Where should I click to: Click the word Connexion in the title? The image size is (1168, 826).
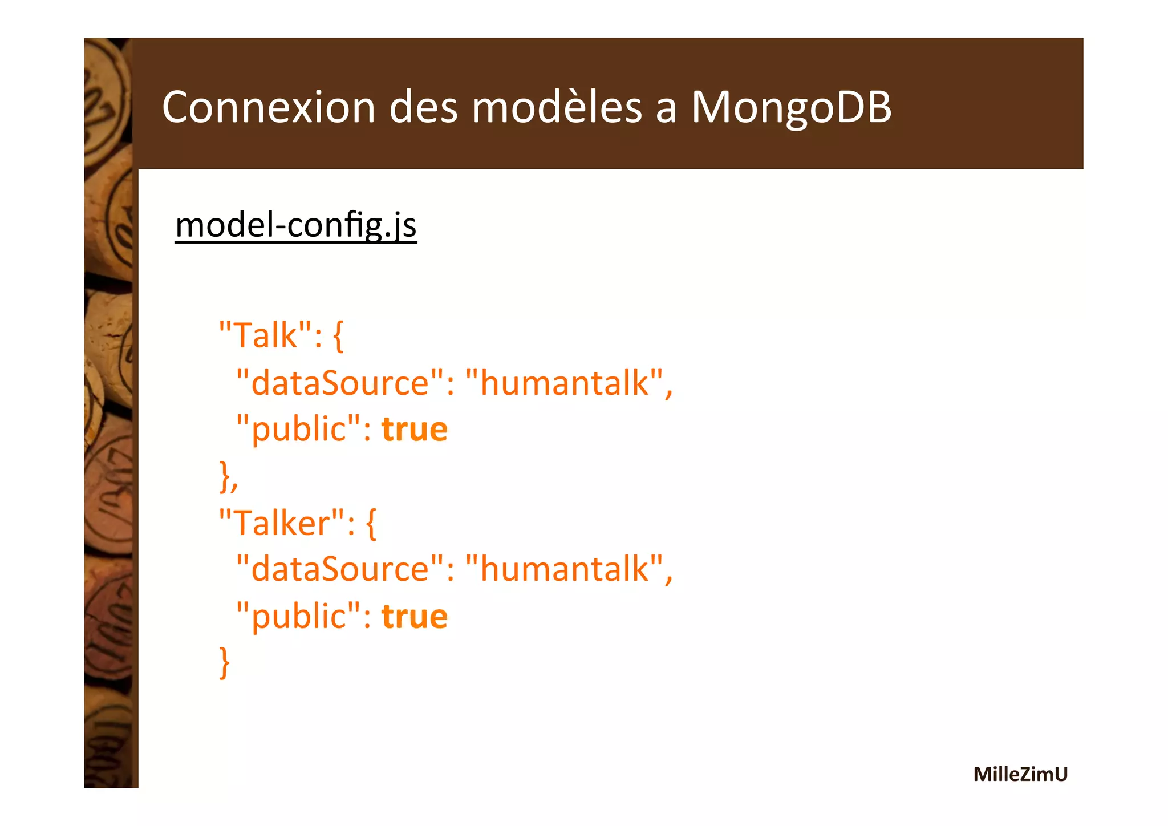tap(269, 107)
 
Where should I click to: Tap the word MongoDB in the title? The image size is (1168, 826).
tap(791, 107)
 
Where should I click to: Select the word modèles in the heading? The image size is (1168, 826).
tap(557, 107)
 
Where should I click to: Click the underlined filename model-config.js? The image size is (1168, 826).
tap(296, 225)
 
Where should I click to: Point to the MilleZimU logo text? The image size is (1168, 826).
tap(1020, 774)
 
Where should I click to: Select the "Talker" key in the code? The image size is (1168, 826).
tap(282, 522)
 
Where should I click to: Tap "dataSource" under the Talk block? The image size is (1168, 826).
tap(340, 382)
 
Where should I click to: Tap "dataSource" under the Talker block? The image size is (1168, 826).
tap(340, 569)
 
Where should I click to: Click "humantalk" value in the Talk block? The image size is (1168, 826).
tap(565, 382)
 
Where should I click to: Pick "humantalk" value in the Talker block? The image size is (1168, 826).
tap(565, 569)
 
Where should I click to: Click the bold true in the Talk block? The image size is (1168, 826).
tap(415, 429)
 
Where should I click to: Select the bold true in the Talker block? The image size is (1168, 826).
tap(415, 616)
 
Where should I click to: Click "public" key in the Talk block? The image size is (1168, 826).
tap(298, 429)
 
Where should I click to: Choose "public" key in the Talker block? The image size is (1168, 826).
tap(298, 616)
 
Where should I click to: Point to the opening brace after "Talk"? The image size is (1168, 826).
tap(338, 337)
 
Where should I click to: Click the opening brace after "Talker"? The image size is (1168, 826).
tap(371, 524)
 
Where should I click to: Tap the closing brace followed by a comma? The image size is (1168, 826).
tap(226, 477)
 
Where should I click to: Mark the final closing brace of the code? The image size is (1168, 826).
tap(225, 663)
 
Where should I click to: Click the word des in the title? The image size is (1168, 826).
tap(423, 107)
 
